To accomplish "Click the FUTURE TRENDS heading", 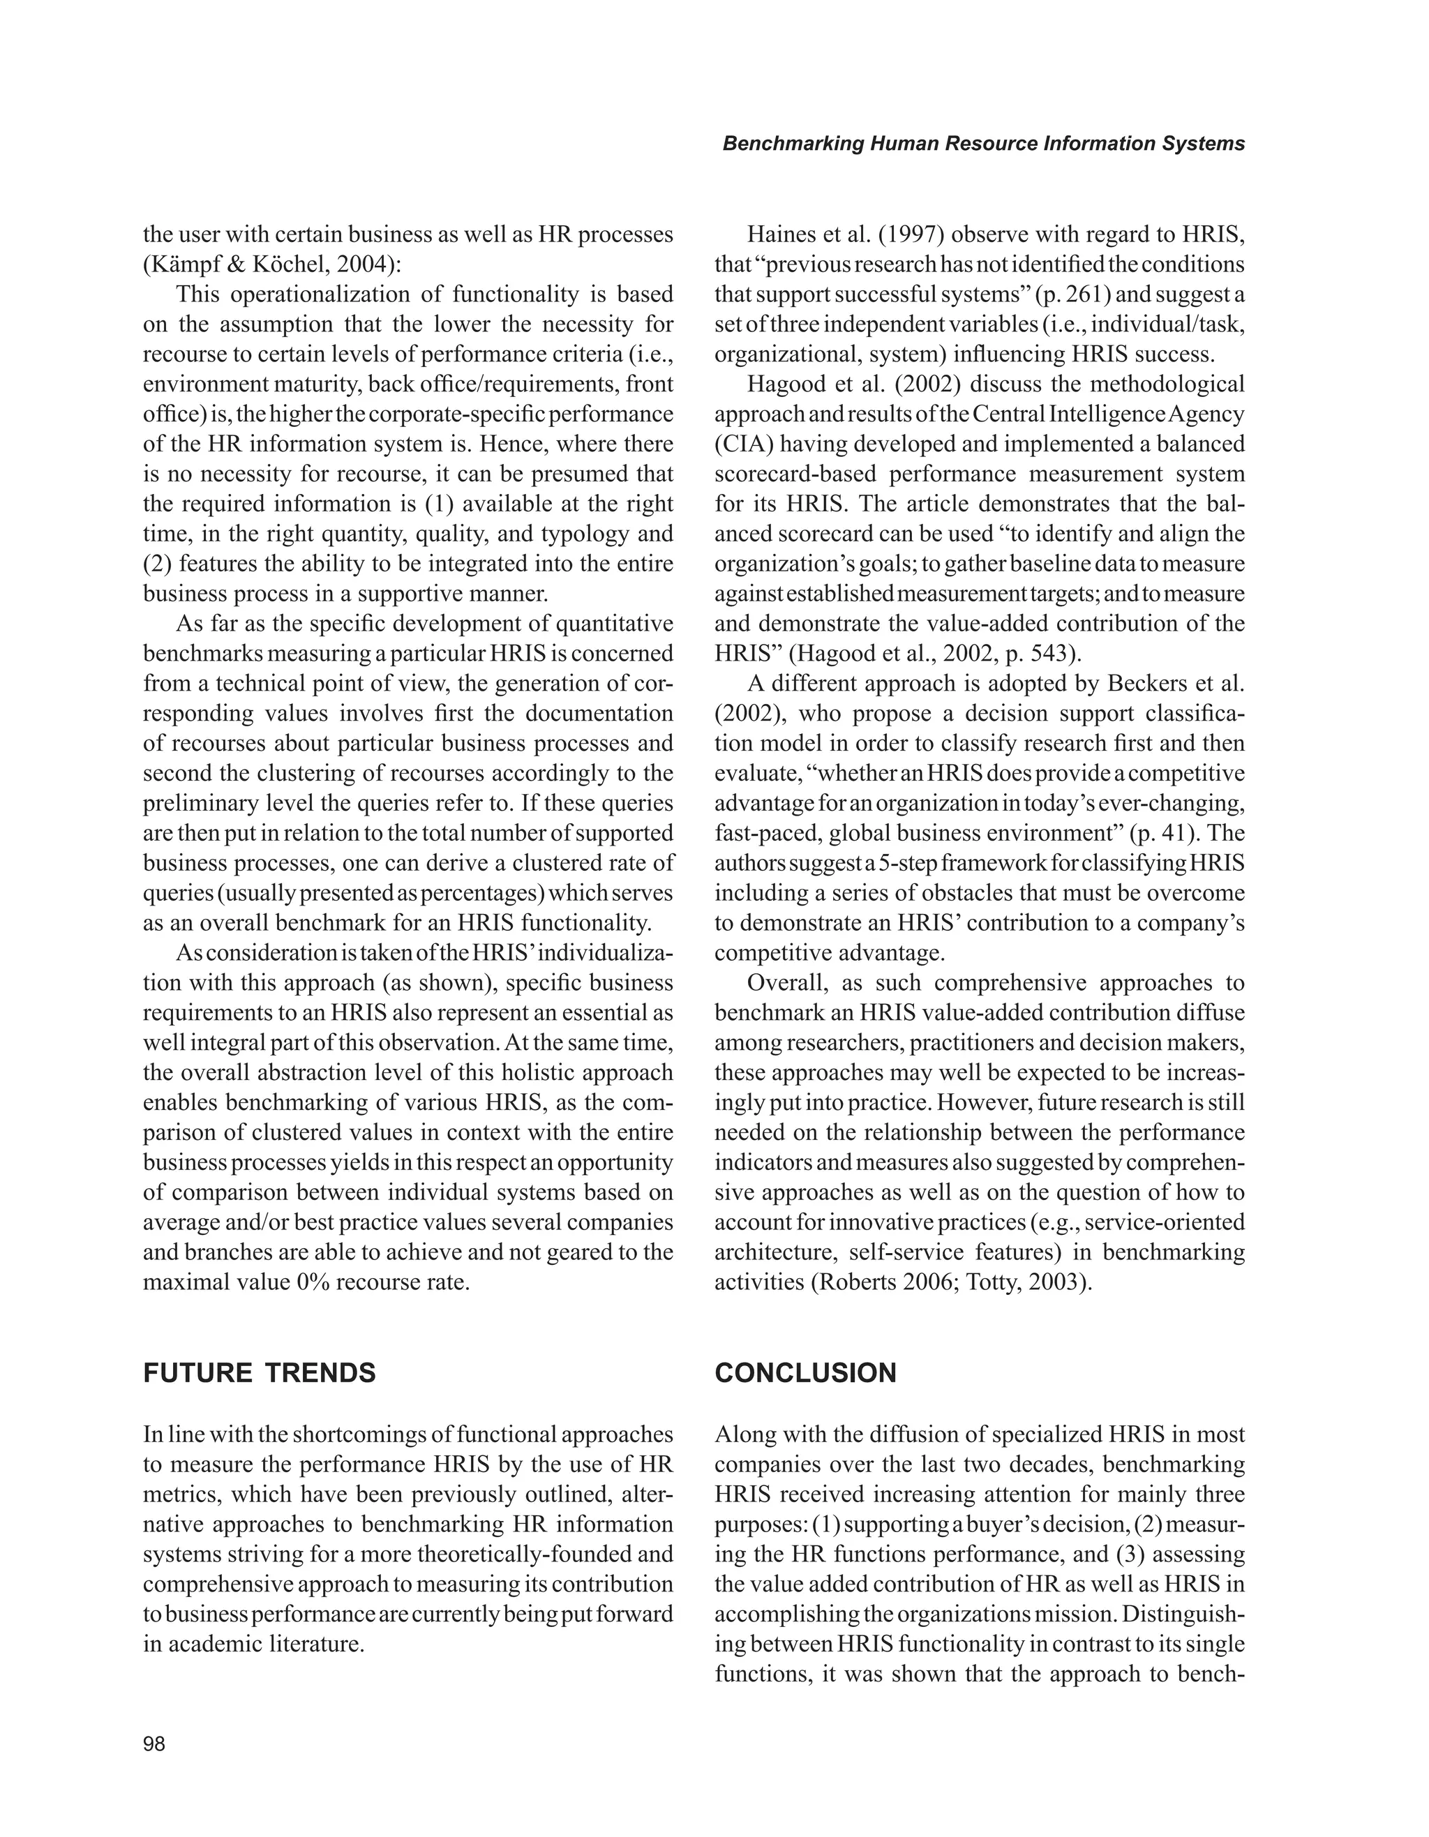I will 259,1374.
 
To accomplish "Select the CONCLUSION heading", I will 805,1374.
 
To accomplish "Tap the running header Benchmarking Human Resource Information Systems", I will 983,144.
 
